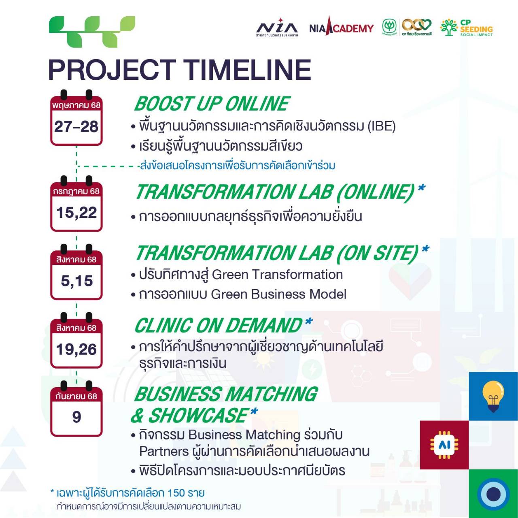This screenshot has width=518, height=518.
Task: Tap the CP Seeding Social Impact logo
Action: click(466, 28)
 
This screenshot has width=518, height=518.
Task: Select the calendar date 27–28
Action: click(76, 126)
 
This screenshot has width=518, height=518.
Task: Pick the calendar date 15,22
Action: click(76, 213)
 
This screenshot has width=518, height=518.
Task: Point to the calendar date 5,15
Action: click(77, 281)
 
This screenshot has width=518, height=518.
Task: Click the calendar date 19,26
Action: click(76, 349)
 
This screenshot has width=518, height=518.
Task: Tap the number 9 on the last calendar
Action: click(76, 417)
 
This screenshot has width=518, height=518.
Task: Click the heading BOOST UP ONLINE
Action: click(212, 104)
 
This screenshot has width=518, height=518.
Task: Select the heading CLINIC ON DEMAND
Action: click(218, 325)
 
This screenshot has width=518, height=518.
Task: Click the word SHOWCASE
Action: click(198, 415)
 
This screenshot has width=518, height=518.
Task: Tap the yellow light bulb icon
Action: click(493, 396)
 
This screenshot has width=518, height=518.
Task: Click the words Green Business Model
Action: click(279, 294)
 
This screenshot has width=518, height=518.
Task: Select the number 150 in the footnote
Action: click(176, 493)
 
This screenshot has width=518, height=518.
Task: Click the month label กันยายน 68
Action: click(76, 396)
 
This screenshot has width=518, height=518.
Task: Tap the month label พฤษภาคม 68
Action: click(76, 105)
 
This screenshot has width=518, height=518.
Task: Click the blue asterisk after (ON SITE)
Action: click(425, 249)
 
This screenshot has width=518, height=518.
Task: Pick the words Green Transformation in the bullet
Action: click(278, 275)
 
